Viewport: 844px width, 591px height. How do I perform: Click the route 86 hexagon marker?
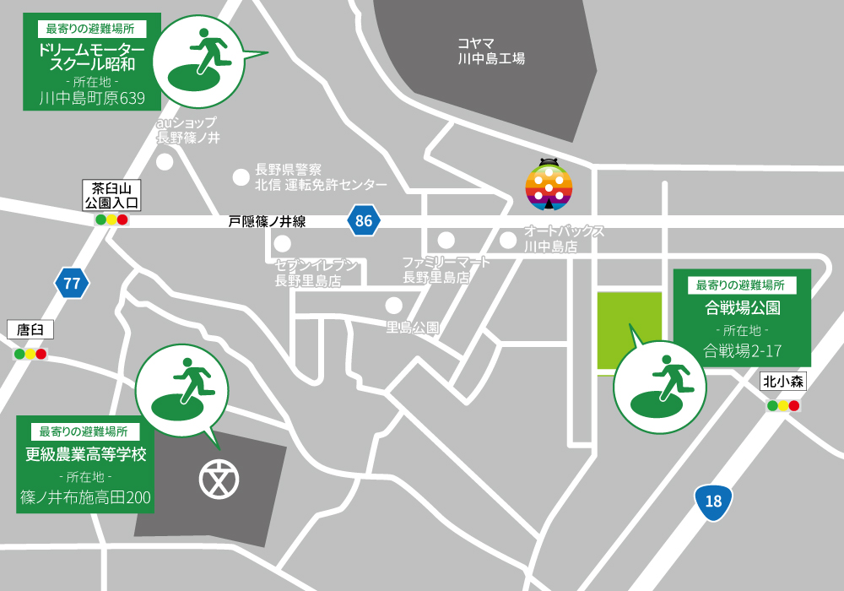(x=363, y=221)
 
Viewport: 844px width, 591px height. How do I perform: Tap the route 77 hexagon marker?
(x=72, y=283)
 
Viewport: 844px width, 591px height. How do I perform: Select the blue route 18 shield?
(x=713, y=502)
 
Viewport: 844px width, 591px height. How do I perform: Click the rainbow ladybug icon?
(x=549, y=185)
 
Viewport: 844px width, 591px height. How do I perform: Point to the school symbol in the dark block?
(x=219, y=479)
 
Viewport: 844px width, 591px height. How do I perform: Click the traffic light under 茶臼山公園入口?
(x=111, y=220)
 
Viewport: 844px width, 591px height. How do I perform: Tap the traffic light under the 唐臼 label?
(x=30, y=354)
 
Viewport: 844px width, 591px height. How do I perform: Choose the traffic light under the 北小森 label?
(x=783, y=405)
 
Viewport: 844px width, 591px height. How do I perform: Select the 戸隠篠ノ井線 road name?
(x=267, y=221)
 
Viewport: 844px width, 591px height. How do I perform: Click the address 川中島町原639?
(x=92, y=99)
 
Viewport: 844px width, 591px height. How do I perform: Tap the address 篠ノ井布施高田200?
(x=85, y=498)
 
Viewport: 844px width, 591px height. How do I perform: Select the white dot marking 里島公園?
(x=393, y=305)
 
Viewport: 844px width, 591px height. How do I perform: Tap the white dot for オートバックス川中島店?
(x=507, y=241)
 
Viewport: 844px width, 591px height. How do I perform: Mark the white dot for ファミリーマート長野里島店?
(x=446, y=241)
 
